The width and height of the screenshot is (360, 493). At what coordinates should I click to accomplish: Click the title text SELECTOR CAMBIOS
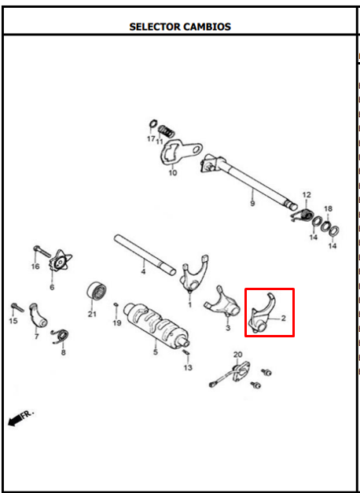click(x=180, y=27)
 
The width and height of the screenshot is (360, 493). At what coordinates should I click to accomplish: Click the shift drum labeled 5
click(x=156, y=325)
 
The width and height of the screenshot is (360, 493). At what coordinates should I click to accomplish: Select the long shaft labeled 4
click(x=145, y=255)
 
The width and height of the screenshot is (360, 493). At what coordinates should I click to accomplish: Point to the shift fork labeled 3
click(x=222, y=304)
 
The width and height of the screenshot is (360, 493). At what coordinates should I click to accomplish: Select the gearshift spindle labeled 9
click(x=248, y=182)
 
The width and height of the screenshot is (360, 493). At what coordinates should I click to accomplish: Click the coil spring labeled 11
click(x=165, y=131)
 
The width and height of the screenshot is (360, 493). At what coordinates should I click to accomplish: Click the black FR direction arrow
click(x=20, y=418)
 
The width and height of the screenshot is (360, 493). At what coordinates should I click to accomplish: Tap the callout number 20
click(x=237, y=355)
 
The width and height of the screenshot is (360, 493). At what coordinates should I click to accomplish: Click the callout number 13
click(x=188, y=367)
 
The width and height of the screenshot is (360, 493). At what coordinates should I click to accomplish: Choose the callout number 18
click(x=328, y=209)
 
